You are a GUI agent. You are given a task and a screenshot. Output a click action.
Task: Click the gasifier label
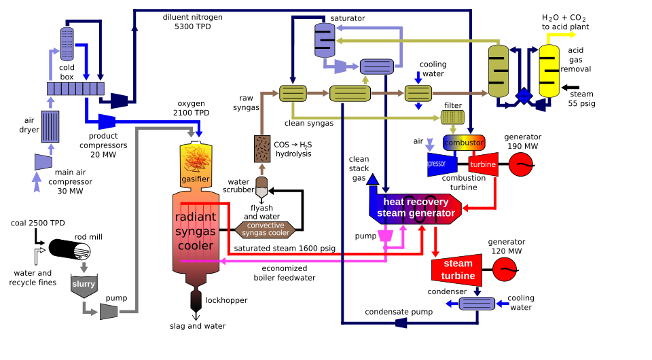196,179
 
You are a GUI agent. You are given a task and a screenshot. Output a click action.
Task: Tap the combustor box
464,143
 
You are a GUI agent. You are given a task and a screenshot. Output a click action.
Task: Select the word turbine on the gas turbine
483,164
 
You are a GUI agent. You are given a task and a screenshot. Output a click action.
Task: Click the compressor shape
442,164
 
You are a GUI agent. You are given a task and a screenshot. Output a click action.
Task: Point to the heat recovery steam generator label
416,207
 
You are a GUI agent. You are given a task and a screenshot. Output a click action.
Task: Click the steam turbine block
457,270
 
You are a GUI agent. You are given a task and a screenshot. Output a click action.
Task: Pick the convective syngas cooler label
266,230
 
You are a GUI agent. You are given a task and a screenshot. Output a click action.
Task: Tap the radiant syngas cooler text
196,231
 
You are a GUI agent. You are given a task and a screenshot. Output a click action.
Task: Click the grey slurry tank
84,285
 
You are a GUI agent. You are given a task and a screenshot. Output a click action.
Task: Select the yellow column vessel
549,71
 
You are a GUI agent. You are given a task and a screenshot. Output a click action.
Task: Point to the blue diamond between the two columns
524,96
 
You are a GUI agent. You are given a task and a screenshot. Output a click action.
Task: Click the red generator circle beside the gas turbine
521,164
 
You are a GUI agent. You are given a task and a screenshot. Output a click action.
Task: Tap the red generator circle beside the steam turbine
505,270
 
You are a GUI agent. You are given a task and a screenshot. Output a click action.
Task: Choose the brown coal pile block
262,149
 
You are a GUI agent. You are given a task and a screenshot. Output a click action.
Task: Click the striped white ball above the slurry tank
82,252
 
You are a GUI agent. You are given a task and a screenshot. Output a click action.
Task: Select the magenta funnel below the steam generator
385,236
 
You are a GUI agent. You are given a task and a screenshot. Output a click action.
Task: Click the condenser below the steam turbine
477,304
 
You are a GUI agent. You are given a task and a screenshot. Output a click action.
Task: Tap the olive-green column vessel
498,71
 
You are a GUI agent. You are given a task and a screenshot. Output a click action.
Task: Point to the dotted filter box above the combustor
453,117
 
